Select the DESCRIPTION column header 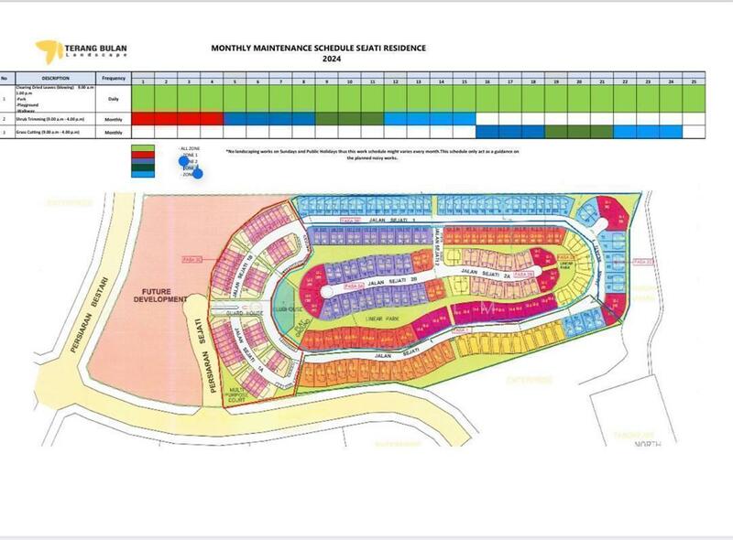(x=55, y=79)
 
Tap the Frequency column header (x=114, y=79)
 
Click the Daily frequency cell (x=114, y=98)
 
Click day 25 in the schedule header (x=694, y=82)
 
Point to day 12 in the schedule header (x=395, y=82)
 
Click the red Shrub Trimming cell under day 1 (x=144, y=119)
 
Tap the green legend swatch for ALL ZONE (x=143, y=149)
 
